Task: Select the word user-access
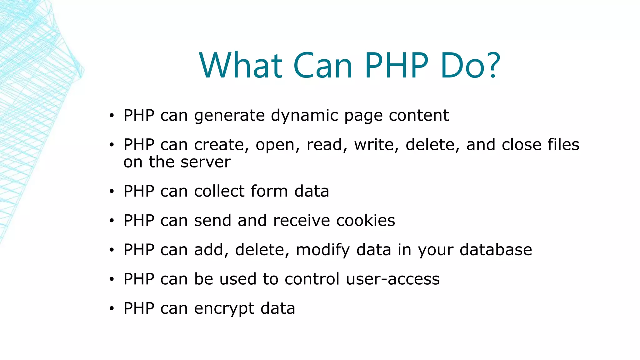[393, 279]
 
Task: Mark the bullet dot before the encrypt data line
[112, 309]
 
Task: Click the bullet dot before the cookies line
[112, 221]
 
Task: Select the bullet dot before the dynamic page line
[112, 116]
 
